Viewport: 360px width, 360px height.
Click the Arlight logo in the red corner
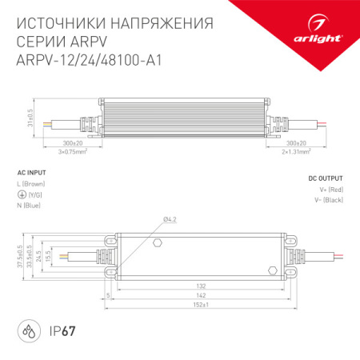pos(324,35)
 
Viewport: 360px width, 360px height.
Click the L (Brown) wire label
pos(35,184)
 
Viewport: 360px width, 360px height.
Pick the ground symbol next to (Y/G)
pos(21,194)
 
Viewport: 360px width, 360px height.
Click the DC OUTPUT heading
pos(326,179)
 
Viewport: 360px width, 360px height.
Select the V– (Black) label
pos(328,200)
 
